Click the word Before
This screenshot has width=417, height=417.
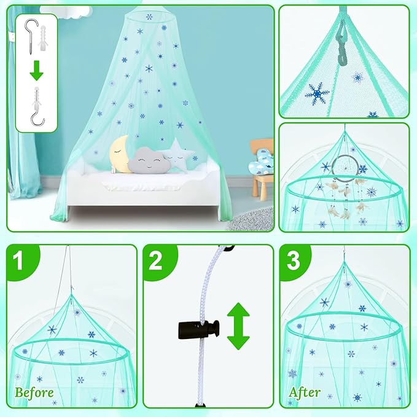tap(34, 392)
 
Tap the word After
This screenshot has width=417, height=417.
tap(304, 392)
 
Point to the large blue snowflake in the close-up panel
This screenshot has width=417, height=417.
tap(318, 93)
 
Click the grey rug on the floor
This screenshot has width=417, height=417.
tap(252, 218)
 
